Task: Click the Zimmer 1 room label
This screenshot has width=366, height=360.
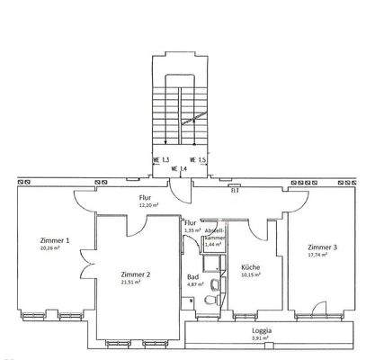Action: pos(55,240)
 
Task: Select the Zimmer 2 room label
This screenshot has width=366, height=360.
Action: pos(135,274)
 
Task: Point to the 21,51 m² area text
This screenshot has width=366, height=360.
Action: pos(134,283)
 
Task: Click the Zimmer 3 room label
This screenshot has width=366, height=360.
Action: pos(321,247)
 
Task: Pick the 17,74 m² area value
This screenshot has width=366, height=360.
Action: pos(317,255)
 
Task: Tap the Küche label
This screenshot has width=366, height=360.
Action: pos(250,266)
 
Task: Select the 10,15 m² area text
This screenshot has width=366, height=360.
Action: pos(250,274)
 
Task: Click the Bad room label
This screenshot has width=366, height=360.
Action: pos(192,277)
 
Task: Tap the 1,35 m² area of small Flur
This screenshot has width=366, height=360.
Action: pos(192,230)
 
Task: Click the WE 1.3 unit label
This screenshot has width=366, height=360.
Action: pos(161,158)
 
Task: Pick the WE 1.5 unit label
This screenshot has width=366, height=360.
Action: pos(210,158)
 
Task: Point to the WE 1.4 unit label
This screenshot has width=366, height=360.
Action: pos(183,168)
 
